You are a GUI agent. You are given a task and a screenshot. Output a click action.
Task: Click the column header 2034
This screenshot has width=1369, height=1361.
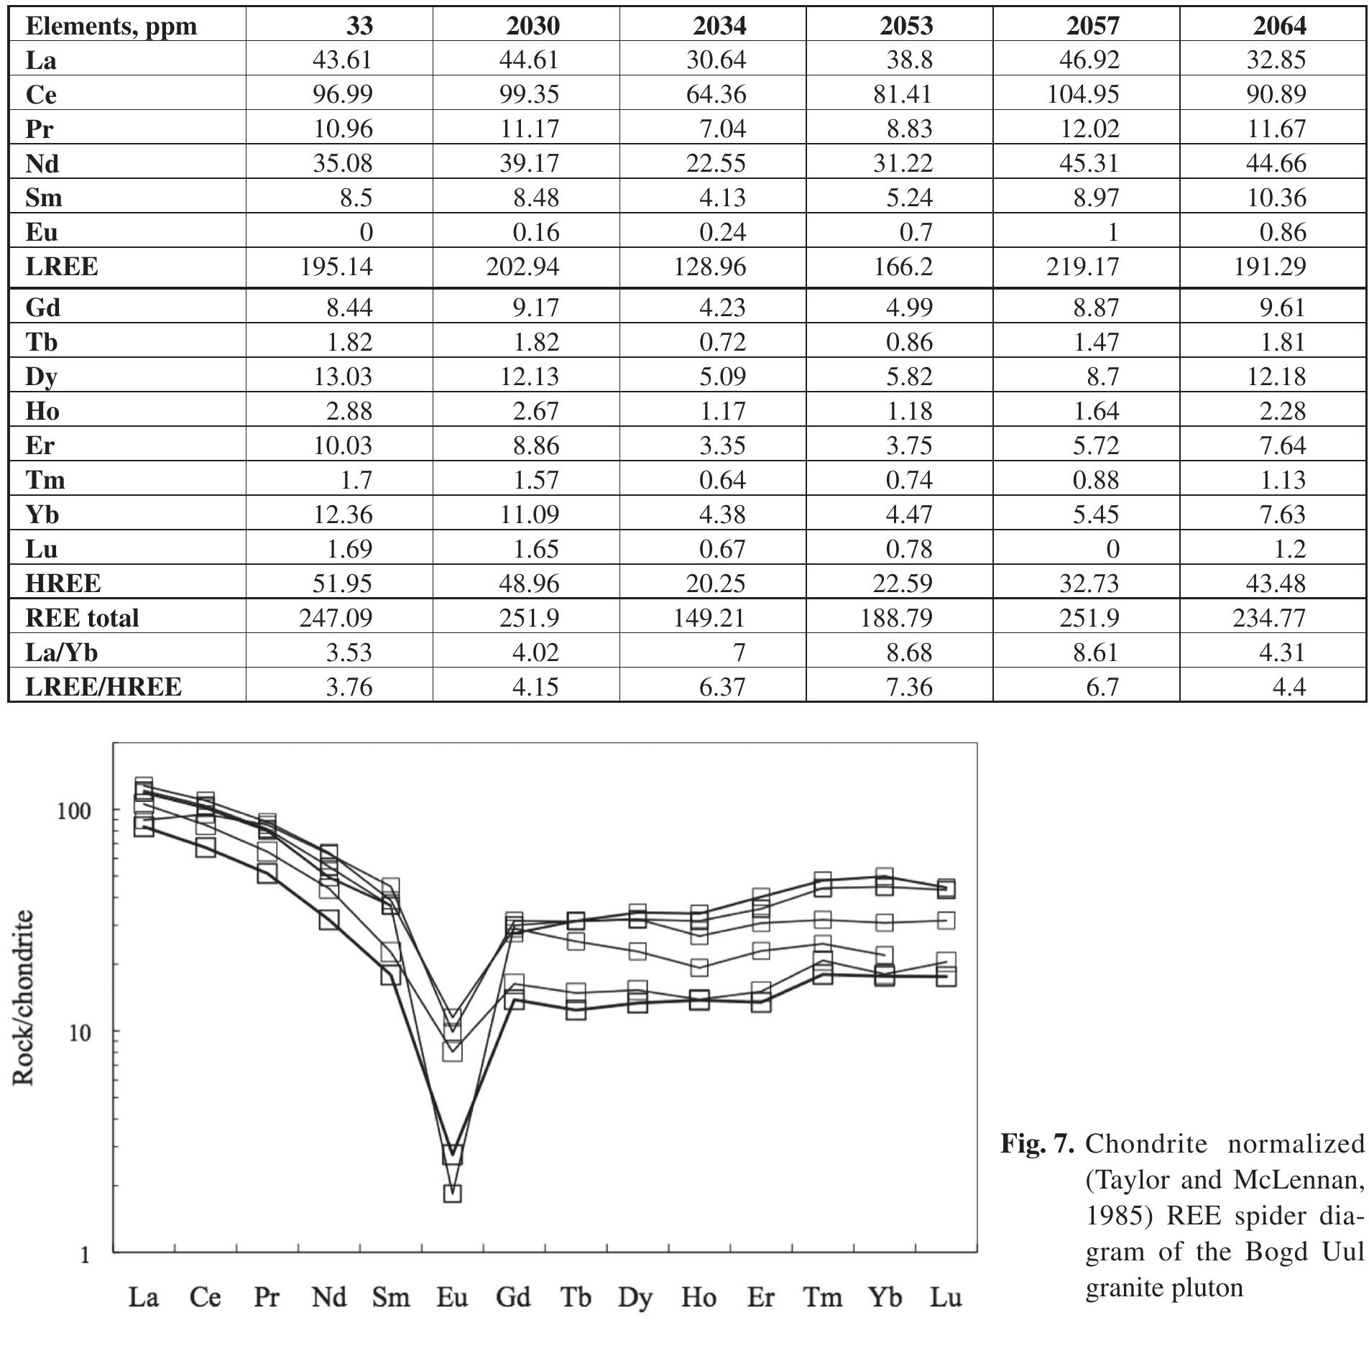[x=719, y=26]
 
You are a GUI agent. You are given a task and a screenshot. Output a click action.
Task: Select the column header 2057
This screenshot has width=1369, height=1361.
[x=1092, y=26]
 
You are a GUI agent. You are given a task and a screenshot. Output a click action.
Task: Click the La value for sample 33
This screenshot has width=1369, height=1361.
[x=343, y=60]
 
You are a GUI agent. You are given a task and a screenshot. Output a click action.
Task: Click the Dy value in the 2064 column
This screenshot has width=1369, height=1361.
[x=1276, y=376]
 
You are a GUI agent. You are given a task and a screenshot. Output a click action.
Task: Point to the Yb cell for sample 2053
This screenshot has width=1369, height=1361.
[x=909, y=514]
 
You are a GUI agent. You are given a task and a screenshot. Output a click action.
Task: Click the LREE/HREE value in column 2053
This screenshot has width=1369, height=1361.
[x=909, y=686]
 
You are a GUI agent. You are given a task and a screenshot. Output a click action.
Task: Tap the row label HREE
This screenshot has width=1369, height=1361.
[x=63, y=583]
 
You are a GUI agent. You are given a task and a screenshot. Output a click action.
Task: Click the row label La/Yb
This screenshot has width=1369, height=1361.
[x=62, y=652]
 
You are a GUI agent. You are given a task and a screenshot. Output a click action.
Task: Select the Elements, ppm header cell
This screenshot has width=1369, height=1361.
[x=111, y=26]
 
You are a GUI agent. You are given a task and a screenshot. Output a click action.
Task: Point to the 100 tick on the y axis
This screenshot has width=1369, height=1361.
[x=75, y=811]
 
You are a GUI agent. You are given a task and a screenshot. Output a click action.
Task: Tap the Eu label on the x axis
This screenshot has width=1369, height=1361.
[x=452, y=1297]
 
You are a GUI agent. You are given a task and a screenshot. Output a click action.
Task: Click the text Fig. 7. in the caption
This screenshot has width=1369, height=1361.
[x=1038, y=1143]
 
